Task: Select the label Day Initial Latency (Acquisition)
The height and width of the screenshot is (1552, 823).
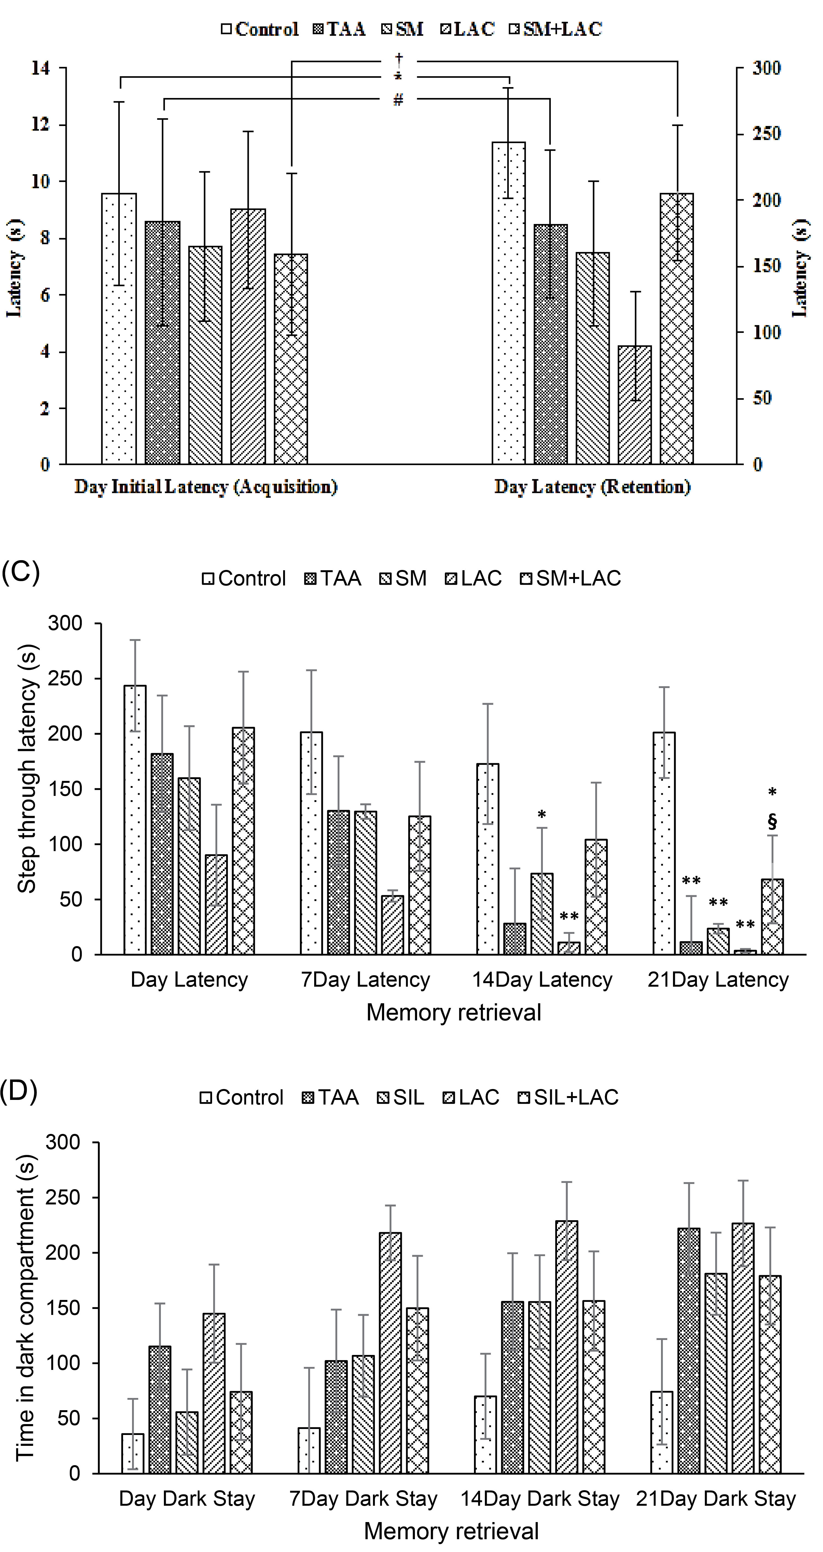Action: coord(206,487)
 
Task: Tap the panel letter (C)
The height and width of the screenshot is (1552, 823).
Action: coord(20,571)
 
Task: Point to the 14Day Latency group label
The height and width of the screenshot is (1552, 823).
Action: coord(542,980)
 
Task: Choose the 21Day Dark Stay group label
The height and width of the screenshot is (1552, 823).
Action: coord(716,1499)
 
